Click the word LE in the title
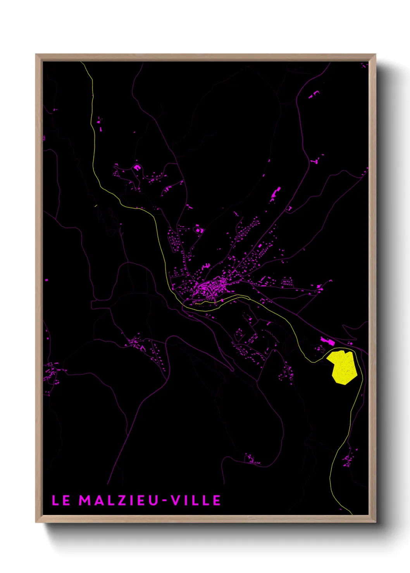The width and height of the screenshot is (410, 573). pyautogui.click(x=61, y=500)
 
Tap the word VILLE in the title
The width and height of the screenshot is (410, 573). pyautogui.click(x=196, y=500)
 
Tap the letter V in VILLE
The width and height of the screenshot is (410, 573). pyautogui.click(x=176, y=500)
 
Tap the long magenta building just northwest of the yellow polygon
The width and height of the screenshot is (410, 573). pyautogui.click(x=327, y=341)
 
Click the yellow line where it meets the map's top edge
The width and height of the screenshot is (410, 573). pyautogui.click(x=81, y=62)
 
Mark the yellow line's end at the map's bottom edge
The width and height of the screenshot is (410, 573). pyautogui.click(x=351, y=514)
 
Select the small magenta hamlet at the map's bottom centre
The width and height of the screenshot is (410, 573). pyautogui.click(x=252, y=460)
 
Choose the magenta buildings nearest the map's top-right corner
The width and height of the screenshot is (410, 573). pyautogui.click(x=363, y=65)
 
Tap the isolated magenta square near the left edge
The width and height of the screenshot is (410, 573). pyautogui.click(x=47, y=280)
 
